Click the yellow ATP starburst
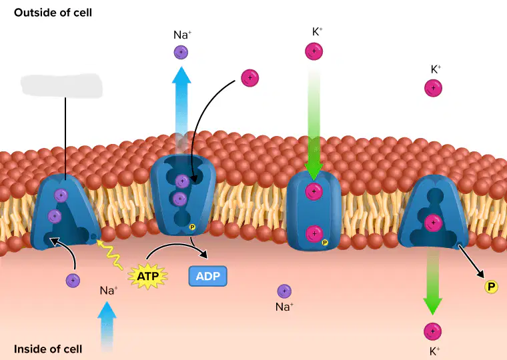point(148,276)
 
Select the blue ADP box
point(208,276)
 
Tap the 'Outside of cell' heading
point(53,13)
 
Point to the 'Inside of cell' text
point(48,349)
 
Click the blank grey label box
point(61,85)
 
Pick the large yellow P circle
point(491,286)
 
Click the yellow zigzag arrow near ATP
point(110,255)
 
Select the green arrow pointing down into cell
point(433,281)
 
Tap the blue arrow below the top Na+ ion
point(181,110)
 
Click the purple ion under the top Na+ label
point(181,52)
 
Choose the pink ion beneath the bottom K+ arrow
point(433,331)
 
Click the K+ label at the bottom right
point(435,351)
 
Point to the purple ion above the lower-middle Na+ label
point(284,291)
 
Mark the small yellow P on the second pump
point(192,227)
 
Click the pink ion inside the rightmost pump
point(433,223)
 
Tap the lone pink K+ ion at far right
point(433,88)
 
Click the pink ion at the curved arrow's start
point(250,78)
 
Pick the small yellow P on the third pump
point(325,243)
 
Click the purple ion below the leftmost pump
point(73,280)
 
